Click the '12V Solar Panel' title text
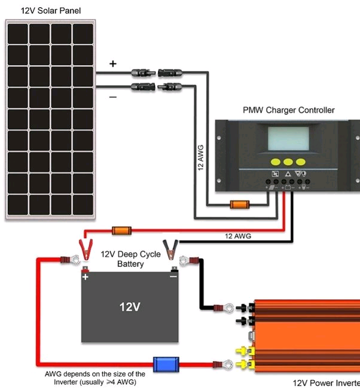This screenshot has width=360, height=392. point(42,11)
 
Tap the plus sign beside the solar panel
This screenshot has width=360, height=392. point(113,63)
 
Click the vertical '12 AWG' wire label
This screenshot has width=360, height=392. point(201,158)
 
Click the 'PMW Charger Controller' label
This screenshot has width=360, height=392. point(288,110)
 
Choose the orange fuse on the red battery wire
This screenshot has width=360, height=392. point(122,230)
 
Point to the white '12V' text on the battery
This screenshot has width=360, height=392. point(130,307)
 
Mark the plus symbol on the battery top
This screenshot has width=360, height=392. point(86,277)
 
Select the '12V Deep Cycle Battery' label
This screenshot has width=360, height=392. point(130,259)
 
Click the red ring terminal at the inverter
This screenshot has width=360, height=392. point(227,363)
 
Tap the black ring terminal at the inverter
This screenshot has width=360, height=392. point(227,309)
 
